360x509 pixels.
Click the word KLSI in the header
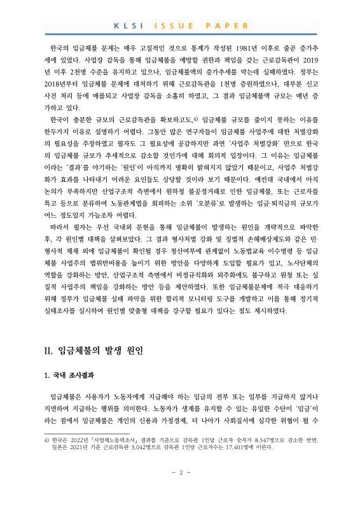[126, 25]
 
